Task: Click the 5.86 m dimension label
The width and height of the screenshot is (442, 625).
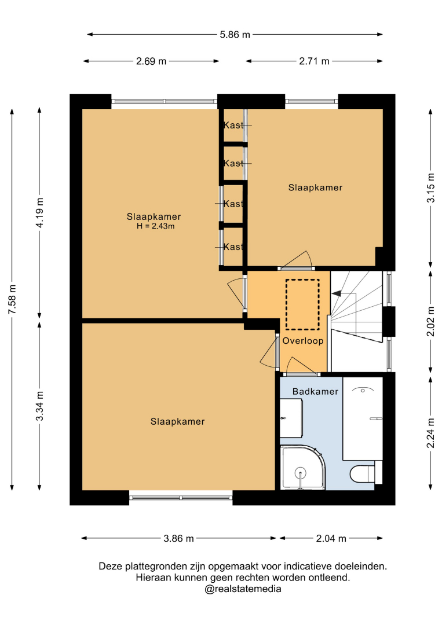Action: pos(235,35)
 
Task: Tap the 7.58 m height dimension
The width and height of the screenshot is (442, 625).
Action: pos(12,299)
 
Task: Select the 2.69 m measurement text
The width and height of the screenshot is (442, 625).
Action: pos(151,61)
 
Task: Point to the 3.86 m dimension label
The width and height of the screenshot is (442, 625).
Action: pos(179,539)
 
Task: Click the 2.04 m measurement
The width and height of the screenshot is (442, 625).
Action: pos(331,539)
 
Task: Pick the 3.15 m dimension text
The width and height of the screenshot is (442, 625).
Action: pos(431,188)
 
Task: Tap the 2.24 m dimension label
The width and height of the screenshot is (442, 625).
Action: pos(431,433)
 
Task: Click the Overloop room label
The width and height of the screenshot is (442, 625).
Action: pos(303,341)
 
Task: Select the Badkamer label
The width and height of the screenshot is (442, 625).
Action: pos(315,391)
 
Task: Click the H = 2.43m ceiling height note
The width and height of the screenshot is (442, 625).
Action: pos(156,226)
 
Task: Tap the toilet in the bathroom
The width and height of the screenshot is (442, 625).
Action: pos(362,474)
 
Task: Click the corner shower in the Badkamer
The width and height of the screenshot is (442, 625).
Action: pos(303,468)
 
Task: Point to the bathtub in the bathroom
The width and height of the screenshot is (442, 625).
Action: pos(363,418)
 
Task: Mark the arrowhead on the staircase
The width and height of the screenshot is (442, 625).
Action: pos(337,294)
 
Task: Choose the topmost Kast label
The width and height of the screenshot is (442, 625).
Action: pos(233,125)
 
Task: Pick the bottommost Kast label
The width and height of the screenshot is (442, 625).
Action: pos(233,247)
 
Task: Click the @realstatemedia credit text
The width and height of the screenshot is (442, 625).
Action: pos(243,589)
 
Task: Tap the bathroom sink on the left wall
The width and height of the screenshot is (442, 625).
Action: pos(291,418)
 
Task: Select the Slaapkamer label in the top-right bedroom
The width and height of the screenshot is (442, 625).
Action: pos(315,187)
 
